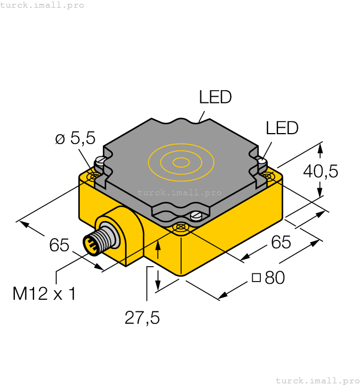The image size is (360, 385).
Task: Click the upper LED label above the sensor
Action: [x=215, y=98]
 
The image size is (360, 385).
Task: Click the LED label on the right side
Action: [x=282, y=128]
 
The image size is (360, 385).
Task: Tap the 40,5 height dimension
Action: [x=321, y=172]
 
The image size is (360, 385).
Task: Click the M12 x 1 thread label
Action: [x=44, y=294]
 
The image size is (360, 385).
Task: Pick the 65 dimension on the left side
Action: [x=59, y=245]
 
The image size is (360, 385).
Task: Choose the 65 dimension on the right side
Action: [x=281, y=241]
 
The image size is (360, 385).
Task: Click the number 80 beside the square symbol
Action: [x=275, y=278]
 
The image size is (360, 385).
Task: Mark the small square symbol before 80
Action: [x=256, y=278]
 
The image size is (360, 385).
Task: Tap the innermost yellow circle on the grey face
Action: [x=181, y=162]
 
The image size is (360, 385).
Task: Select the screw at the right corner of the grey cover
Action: [x=263, y=162]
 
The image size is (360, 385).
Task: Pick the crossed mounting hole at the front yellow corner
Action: [x=180, y=227]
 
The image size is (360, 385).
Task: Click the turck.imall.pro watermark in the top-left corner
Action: [x=42, y=5]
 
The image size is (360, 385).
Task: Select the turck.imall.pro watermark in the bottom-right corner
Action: [x=317, y=380]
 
